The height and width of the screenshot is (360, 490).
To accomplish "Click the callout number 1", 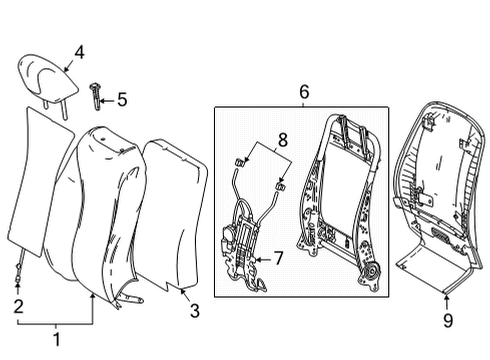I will pyautogui.click(x=56, y=339).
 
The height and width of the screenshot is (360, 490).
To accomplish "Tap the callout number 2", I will pyautogui.click(x=18, y=306).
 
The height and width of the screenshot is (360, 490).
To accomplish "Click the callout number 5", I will pyautogui.click(x=122, y=99).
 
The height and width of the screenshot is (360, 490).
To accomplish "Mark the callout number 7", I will pyautogui.click(x=279, y=258).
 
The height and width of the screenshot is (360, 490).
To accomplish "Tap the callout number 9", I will pyautogui.click(x=448, y=320).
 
